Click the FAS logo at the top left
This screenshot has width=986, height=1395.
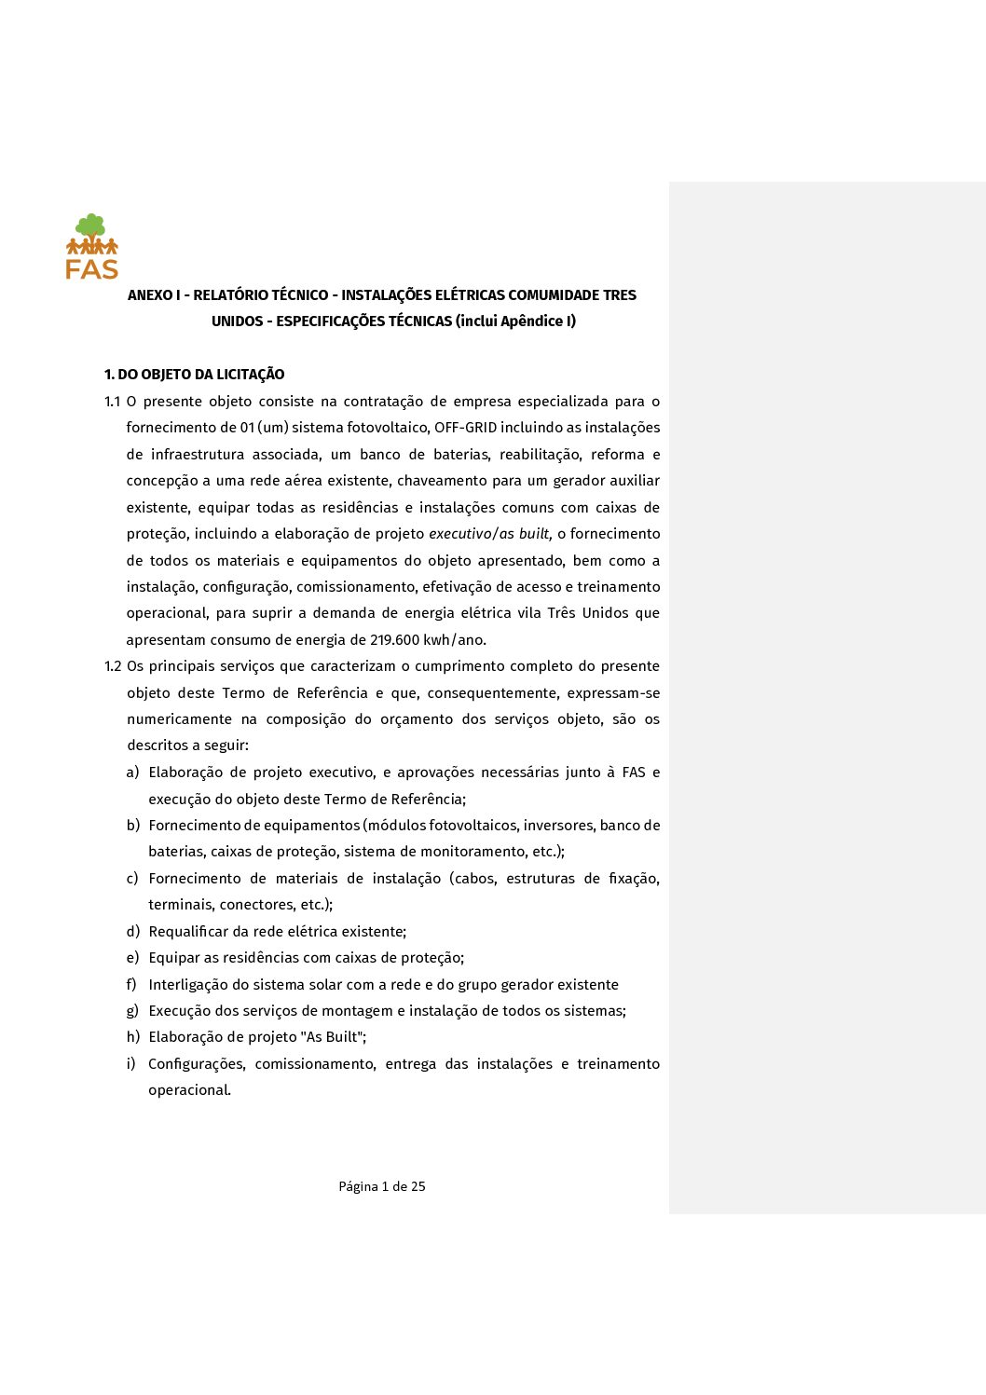point(92,248)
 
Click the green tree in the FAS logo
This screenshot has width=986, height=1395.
point(90,226)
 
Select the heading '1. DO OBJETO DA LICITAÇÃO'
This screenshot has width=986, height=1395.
point(194,375)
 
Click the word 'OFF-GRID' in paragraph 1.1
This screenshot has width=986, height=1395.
point(465,428)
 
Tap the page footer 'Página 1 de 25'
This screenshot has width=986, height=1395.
point(382,1186)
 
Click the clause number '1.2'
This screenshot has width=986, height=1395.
point(113,666)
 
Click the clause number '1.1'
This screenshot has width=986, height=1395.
point(113,402)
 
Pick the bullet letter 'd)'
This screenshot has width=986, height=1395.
point(133,932)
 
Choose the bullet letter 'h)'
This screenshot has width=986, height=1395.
point(133,1037)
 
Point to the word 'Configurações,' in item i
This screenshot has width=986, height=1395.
point(197,1064)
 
